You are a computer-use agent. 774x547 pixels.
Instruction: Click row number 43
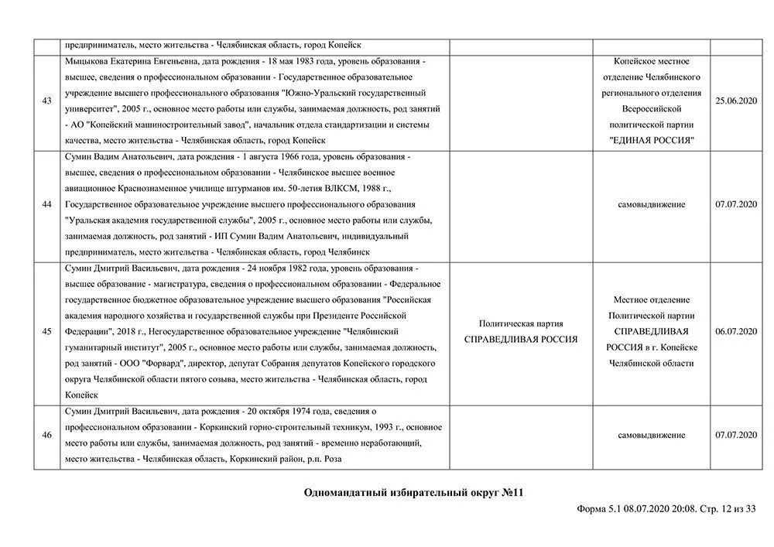[46, 101]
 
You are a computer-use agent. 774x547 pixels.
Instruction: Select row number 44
[46, 205]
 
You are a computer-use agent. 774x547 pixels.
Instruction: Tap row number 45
[46, 332]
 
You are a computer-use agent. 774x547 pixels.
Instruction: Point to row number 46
[46, 436]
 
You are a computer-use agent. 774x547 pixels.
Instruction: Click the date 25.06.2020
[735, 101]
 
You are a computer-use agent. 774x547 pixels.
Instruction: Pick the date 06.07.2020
[735, 332]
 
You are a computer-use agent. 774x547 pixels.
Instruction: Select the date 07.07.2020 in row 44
[735, 205]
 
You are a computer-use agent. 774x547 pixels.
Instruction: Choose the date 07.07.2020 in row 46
[735, 436]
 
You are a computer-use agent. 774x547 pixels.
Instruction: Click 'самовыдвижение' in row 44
[651, 205]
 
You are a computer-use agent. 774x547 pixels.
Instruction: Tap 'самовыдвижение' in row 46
[651, 436]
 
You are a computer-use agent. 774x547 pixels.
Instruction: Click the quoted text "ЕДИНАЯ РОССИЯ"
[651, 141]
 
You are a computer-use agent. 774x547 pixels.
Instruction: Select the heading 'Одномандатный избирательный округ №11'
[415, 492]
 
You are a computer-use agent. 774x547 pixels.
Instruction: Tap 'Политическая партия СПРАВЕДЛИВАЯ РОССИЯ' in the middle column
[520, 332]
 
